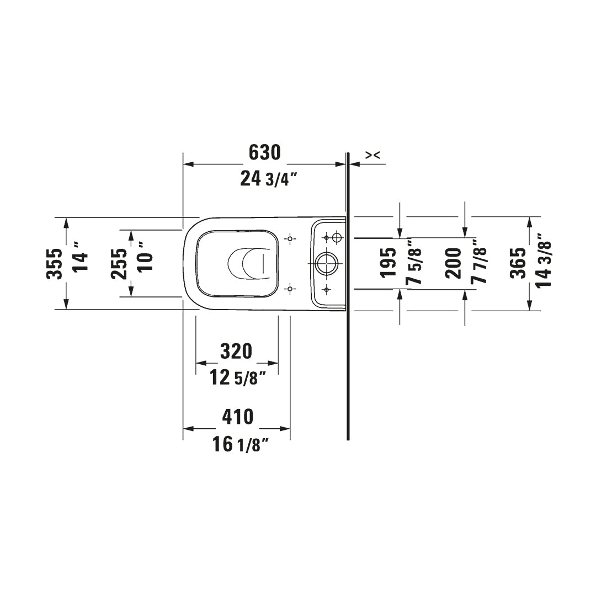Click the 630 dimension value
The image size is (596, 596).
[x=264, y=152]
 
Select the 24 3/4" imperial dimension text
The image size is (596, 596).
[x=268, y=178]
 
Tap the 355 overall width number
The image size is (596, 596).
[x=54, y=263]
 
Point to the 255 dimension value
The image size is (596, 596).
[x=119, y=263]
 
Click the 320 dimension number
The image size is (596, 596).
[x=236, y=351]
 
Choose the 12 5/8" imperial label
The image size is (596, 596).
[x=238, y=377]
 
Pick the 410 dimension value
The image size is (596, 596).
[x=237, y=417]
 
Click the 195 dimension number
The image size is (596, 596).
[x=389, y=263]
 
